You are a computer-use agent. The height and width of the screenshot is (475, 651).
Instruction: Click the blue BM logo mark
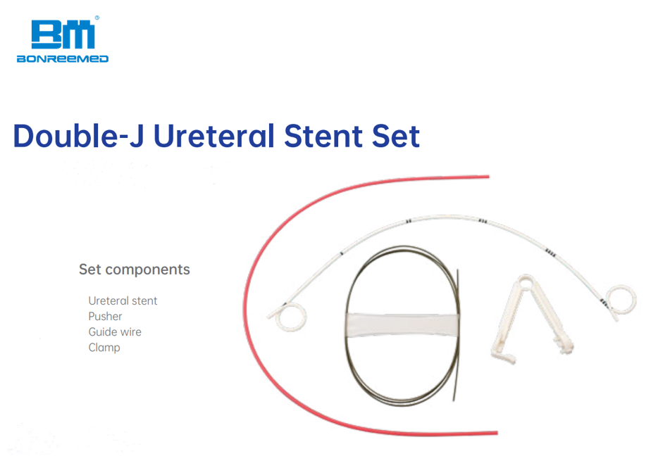[63, 35]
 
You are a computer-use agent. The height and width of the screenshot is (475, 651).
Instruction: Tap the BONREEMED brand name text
[63, 59]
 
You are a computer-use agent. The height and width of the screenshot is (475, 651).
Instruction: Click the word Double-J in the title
[78, 136]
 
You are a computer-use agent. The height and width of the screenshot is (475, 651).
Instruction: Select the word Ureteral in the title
[213, 136]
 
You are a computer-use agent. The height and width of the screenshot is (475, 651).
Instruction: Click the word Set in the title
[396, 136]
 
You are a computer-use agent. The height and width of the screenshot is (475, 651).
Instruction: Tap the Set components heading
[135, 270]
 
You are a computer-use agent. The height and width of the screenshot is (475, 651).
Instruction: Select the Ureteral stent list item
[123, 300]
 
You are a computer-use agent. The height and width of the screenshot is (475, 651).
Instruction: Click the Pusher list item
[105, 316]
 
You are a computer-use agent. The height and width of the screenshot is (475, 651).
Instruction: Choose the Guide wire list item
[115, 332]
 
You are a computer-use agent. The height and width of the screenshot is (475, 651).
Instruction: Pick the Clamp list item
[104, 348]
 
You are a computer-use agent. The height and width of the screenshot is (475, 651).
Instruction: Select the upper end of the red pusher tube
[488, 177]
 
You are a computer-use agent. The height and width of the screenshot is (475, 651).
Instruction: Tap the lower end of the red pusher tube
[497, 433]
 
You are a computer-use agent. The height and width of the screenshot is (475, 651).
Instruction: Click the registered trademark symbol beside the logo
[97, 18]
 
